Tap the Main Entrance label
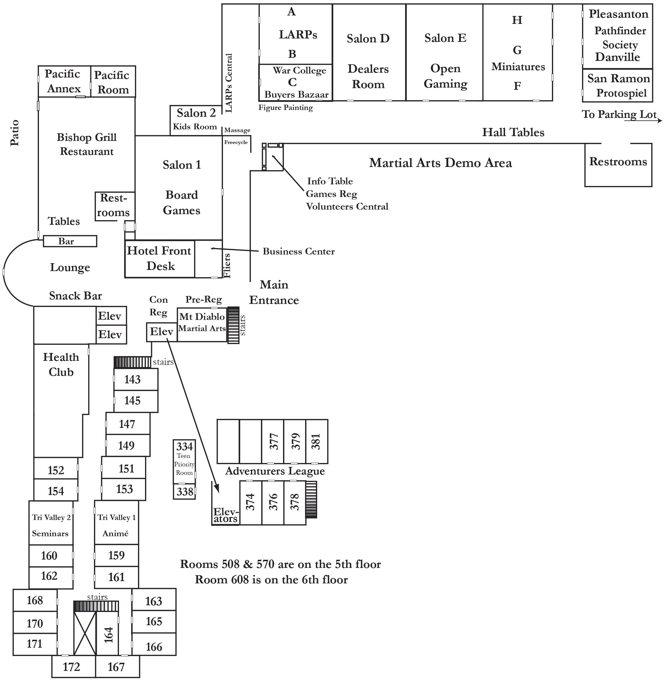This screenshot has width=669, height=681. click(274, 292)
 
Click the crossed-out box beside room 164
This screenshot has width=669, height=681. click(85, 633)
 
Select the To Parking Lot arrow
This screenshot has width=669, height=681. click(643, 121)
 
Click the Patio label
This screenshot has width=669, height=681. click(14, 133)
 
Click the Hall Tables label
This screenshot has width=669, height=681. click(513, 132)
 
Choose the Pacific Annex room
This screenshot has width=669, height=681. click(64, 81)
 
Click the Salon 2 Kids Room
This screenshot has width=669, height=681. click(196, 120)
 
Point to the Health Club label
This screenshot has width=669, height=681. click(61, 365)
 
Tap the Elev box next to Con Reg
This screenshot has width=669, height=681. click(162, 332)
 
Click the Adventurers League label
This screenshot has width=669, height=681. click(275, 471)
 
